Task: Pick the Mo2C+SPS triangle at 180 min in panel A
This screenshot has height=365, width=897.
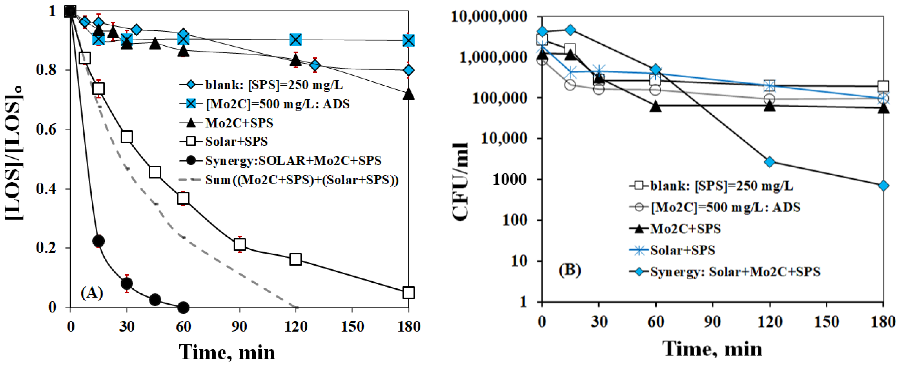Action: pyautogui.click(x=409, y=94)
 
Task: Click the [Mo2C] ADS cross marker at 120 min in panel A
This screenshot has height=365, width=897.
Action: pyautogui.click(x=295, y=40)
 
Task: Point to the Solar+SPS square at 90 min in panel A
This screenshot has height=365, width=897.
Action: pyautogui.click(x=240, y=244)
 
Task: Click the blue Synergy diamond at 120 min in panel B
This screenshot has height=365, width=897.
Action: pyautogui.click(x=770, y=162)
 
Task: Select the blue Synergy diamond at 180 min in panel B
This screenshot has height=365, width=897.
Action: pyautogui.click(x=883, y=185)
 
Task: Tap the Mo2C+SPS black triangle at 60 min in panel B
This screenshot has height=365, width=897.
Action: pyautogui.click(x=656, y=106)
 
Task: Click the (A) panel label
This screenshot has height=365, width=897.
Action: pyautogui.click(x=92, y=293)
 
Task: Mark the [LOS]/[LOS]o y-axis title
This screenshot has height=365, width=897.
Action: pyautogui.click(x=15, y=153)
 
